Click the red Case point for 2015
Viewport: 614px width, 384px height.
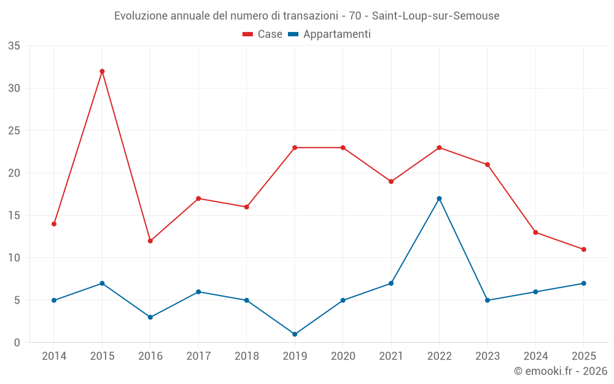pos(102,71)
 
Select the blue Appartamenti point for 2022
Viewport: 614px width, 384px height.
pos(439,198)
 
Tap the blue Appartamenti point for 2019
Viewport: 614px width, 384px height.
pos(295,334)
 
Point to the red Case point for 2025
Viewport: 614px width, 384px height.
pos(583,249)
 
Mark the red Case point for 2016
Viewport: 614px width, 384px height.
pos(150,241)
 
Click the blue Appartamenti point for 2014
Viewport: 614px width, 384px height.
pos(54,300)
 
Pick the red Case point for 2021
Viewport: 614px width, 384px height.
pos(391,181)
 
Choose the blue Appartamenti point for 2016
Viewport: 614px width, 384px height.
pos(150,317)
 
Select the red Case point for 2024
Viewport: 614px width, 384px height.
pos(535,232)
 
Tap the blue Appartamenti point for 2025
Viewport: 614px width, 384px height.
pos(583,283)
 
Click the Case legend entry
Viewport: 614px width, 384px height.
pos(263,34)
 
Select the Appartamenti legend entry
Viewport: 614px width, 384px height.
pos(330,34)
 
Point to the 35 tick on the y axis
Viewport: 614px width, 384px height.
pos(14,46)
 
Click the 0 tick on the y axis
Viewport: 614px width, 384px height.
pos(17,343)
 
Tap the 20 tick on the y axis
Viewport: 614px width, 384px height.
pos(14,173)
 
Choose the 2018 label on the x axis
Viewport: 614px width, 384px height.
pos(246,356)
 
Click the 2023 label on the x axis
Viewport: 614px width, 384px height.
pos(487,356)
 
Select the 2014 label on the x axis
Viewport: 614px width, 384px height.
pos(54,356)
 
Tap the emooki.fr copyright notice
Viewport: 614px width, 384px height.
pos(560,371)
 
